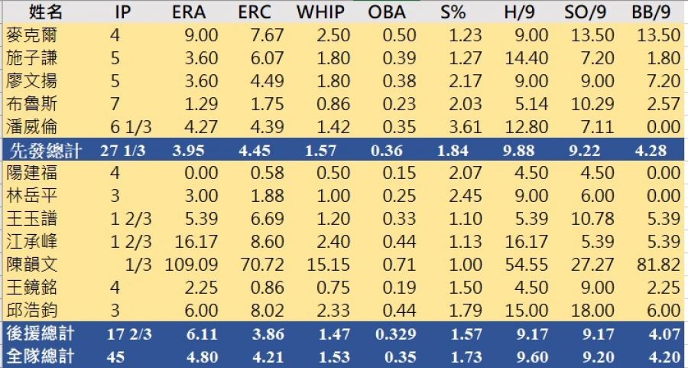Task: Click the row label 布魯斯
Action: pyautogui.click(x=31, y=103)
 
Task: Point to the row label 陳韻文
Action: pyautogui.click(x=31, y=265)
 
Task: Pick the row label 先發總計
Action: pyautogui.click(x=42, y=150)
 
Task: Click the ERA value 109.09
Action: pyautogui.click(x=192, y=265)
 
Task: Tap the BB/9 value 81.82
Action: pyautogui.click(x=658, y=265)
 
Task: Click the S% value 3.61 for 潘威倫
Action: pyautogui.click(x=462, y=126)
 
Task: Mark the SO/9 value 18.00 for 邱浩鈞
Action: pyautogui.click(x=592, y=311)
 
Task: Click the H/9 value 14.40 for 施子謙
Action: pyautogui.click(x=527, y=57)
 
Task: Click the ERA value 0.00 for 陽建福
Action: pyautogui.click(x=202, y=173)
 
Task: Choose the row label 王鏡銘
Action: pyautogui.click(x=31, y=288)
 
